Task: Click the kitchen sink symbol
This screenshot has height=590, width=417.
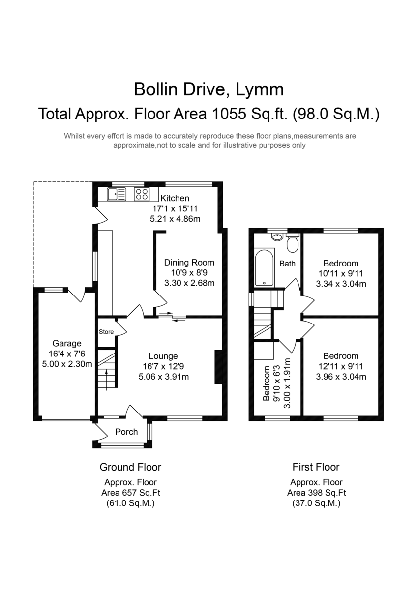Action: coord(117,194)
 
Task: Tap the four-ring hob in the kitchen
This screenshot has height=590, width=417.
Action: coord(142,194)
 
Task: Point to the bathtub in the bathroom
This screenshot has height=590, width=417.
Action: coord(265,267)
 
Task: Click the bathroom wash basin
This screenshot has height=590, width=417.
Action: coord(277,237)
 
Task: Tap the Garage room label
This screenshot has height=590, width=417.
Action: coord(67,344)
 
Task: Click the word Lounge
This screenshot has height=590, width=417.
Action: coord(163,356)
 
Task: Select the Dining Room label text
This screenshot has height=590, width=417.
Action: coord(189,263)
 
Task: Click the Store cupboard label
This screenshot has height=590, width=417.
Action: coord(106,332)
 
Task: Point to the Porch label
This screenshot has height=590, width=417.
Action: coord(126,432)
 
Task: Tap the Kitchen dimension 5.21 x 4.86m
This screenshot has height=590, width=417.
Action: coord(175,219)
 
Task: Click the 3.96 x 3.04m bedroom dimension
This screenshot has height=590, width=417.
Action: coord(341,377)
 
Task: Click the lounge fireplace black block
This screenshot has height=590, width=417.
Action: coord(219,367)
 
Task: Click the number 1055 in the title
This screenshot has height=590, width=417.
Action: coord(229,114)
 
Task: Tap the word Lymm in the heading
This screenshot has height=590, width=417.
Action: coord(260,89)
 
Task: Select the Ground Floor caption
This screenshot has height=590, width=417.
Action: coord(130,467)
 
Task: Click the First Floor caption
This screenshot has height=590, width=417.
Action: coord(316,467)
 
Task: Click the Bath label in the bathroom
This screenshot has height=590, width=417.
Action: coord(287,264)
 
